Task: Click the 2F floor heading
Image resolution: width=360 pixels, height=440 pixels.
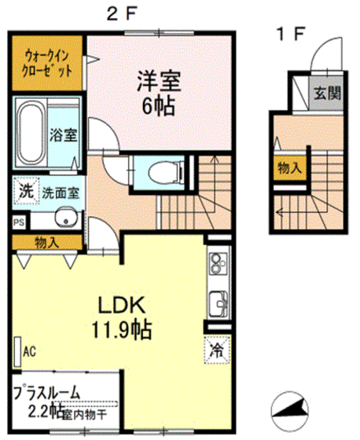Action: [x=119, y=13]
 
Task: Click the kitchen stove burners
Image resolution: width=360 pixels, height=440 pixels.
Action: [x=218, y=269]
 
